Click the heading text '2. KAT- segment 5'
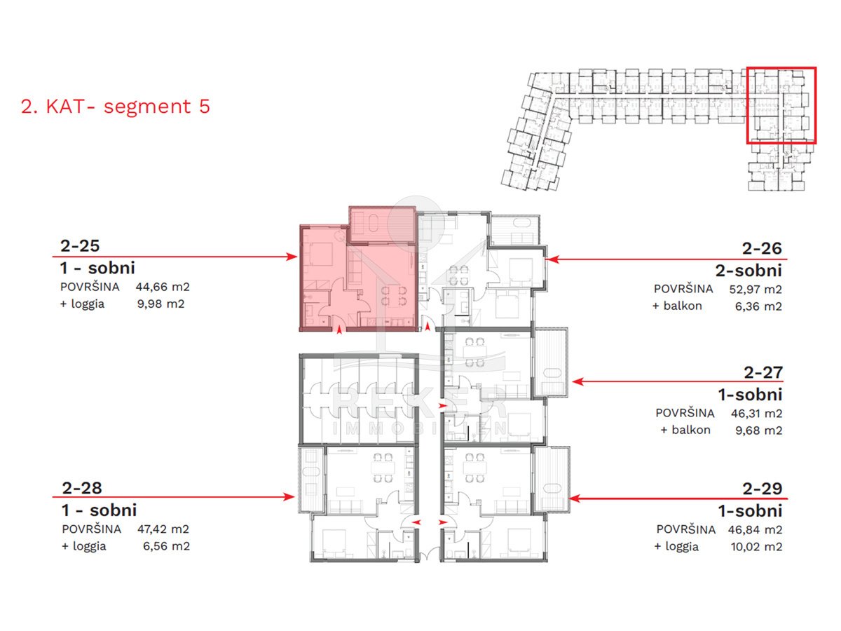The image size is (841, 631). pos(116,106)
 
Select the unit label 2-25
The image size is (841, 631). pos(80,245)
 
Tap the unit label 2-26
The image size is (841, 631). pos(762,248)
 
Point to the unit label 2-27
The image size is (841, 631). pos(763,372)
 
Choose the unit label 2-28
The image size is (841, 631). pos(82,488)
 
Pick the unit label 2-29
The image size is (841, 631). pos(763,489)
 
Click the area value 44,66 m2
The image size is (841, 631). pos(163,287)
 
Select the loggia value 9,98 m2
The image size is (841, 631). pos(161,304)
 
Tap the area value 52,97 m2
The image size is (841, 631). pos(755,289)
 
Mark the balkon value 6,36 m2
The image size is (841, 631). pos(758,306)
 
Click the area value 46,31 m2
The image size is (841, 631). pos(757,413)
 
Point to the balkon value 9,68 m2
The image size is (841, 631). pos(758,430)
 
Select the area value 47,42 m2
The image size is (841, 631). pos(163,529)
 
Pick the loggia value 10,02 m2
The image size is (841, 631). pos(756,546)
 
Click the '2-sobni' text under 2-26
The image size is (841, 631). pos(748,271)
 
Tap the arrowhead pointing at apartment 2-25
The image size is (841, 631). pos(292,257)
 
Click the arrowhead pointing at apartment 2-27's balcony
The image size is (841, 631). pos(577,381)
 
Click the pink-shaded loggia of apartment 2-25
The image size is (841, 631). pos(382,225)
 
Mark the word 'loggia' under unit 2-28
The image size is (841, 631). pos(89,546)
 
